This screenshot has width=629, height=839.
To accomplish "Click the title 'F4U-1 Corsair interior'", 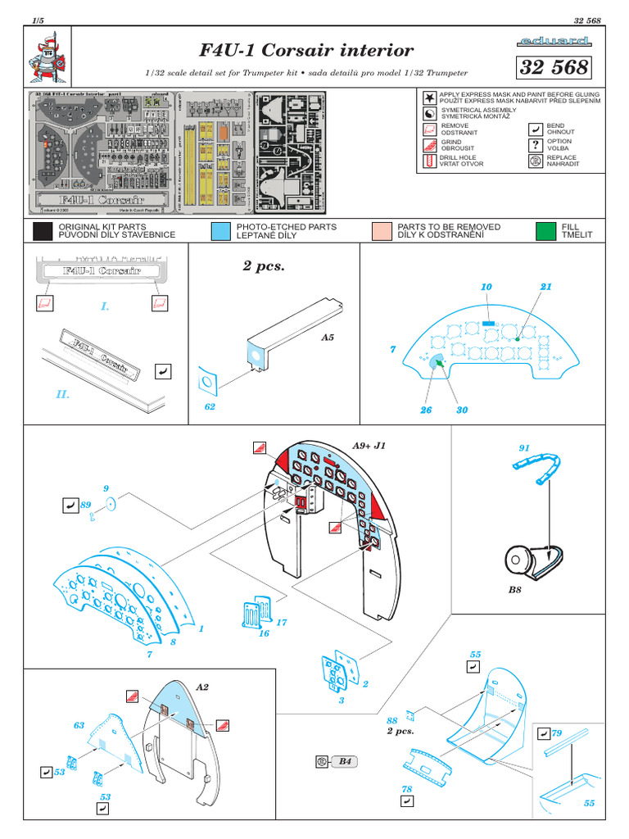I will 307,51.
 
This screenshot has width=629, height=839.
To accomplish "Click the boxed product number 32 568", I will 553,68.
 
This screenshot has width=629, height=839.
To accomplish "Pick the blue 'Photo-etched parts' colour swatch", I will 219,230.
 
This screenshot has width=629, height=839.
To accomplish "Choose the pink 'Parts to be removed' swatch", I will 381,230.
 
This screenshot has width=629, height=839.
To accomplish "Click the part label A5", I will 328,337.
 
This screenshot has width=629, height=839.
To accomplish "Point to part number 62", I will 210,407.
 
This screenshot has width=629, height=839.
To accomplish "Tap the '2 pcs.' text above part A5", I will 264,266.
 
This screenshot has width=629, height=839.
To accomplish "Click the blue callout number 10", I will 486,287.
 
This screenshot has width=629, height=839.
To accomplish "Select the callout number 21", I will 546,287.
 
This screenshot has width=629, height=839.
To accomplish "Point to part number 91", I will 524,448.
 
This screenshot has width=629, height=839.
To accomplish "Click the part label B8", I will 514,589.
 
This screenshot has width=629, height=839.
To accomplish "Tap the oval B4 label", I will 344,761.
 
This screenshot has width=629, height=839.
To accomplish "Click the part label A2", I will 202,687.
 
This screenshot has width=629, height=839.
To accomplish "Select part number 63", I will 79,725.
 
